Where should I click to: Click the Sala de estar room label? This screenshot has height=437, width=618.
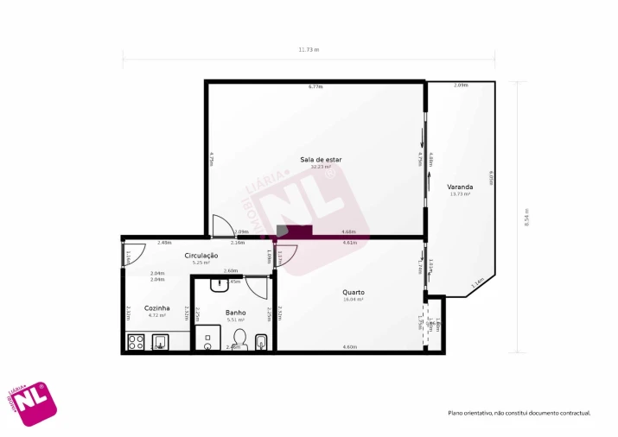(321, 160)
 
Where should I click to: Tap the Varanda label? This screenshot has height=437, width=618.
(460, 187)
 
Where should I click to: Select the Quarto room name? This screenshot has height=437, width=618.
(353, 292)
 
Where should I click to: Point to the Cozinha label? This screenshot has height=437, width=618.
(156, 307)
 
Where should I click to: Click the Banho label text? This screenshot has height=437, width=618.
(235, 312)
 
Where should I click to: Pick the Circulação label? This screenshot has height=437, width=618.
(201, 255)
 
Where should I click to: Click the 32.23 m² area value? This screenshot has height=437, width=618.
(321, 167)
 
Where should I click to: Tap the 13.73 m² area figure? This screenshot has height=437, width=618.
(460, 193)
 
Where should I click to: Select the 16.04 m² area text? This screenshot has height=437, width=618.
(353, 299)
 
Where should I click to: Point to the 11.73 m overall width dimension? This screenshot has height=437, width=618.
(309, 49)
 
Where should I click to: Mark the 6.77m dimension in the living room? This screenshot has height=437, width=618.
(315, 86)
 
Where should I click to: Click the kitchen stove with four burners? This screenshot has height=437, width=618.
(136, 341)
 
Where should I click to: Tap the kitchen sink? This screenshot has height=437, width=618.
(160, 342)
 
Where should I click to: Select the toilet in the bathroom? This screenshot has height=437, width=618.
(239, 339)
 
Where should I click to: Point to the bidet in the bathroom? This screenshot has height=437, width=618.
(262, 342)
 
